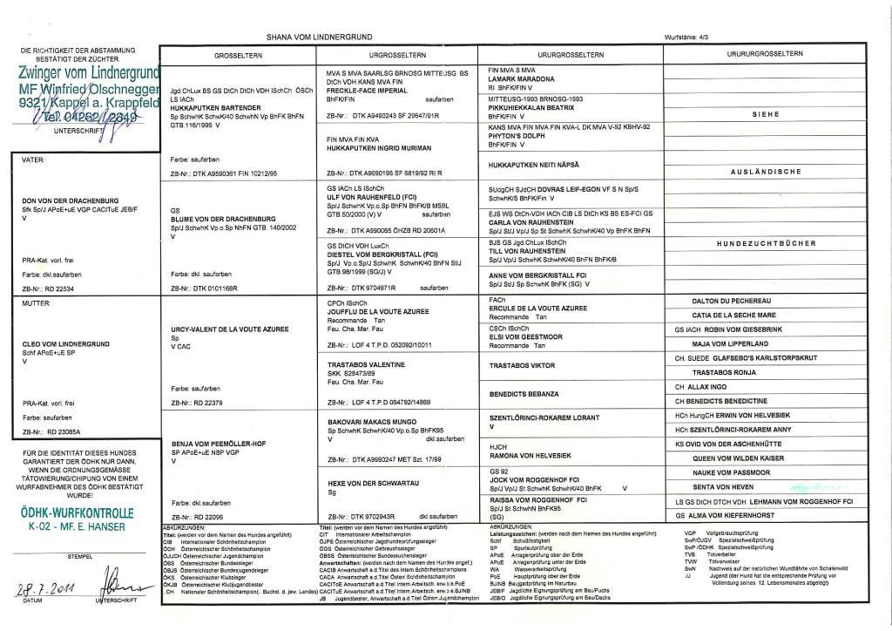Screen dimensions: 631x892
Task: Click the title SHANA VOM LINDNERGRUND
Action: click(320, 37)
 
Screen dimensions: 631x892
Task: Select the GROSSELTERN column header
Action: click(238, 55)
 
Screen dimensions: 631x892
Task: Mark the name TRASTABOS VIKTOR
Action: click(522, 366)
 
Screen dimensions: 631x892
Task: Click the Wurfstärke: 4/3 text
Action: click(686, 37)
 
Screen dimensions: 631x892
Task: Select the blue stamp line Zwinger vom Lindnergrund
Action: click(89, 72)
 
